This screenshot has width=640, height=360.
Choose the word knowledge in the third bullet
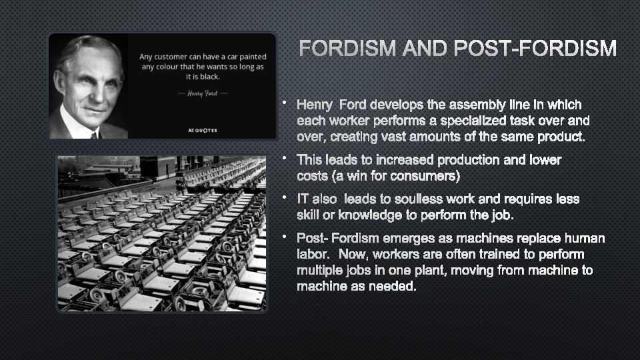point(372,215)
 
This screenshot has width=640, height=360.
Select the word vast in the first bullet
point(417,138)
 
